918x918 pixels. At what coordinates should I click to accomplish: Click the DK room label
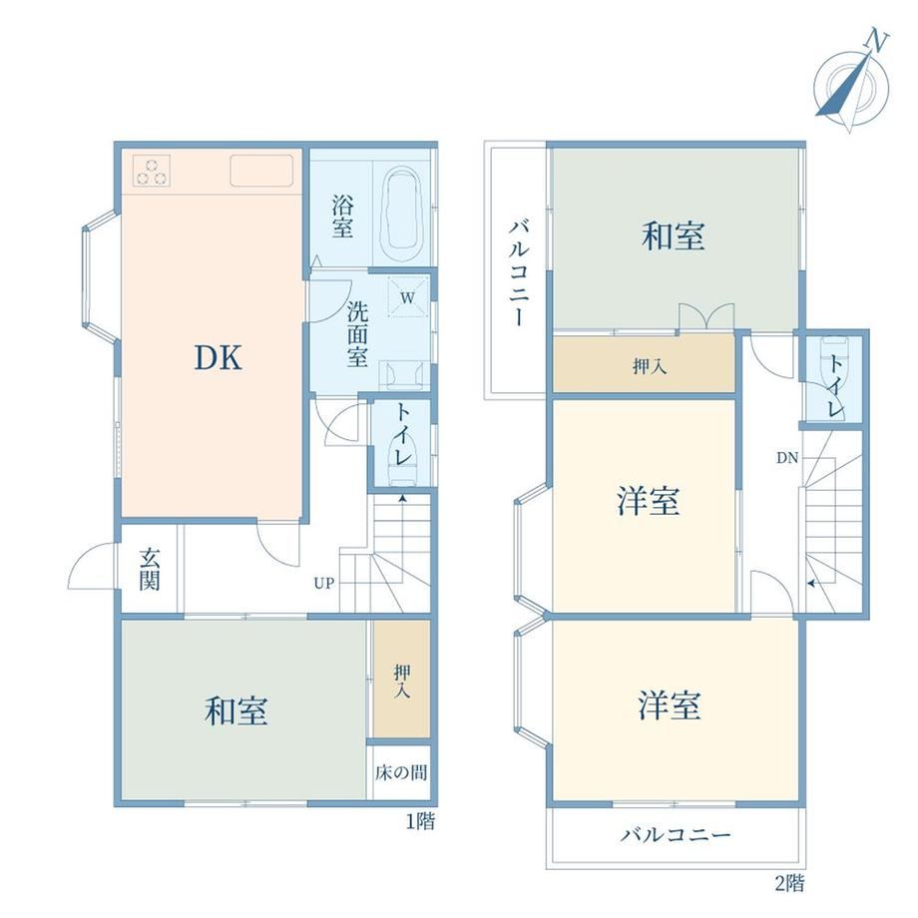218,357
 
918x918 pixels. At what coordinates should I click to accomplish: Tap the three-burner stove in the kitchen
152,171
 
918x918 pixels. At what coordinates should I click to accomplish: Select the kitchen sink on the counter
261,171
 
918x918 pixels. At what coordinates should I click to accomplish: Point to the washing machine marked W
407,296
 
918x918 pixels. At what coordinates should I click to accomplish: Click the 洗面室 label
357,334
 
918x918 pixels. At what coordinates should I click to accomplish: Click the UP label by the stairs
323,583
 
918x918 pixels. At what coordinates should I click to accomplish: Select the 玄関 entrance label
150,569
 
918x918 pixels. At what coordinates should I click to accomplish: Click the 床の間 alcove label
401,772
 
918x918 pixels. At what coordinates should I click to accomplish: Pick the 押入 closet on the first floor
401,680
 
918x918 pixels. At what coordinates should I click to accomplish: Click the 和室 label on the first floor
236,710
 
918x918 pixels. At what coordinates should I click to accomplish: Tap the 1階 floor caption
420,821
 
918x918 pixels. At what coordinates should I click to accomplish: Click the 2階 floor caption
790,883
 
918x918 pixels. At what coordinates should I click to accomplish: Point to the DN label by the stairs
787,458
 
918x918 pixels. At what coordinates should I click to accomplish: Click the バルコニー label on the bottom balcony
676,834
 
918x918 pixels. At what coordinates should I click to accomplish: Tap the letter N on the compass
877,42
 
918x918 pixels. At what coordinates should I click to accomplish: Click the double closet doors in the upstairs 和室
706,316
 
